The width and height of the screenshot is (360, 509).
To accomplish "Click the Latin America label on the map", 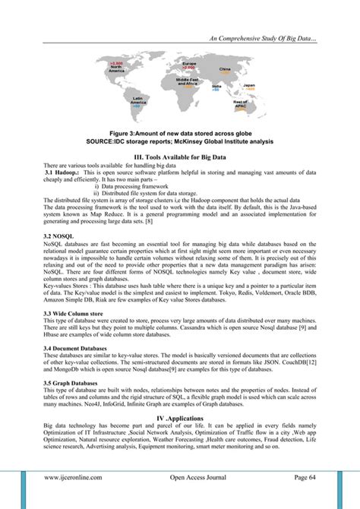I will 138,100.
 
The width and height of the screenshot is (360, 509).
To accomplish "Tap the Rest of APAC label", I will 241,104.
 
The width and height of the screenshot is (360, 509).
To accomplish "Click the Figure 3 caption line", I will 179,134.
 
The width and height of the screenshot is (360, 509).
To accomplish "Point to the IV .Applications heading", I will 180,419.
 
